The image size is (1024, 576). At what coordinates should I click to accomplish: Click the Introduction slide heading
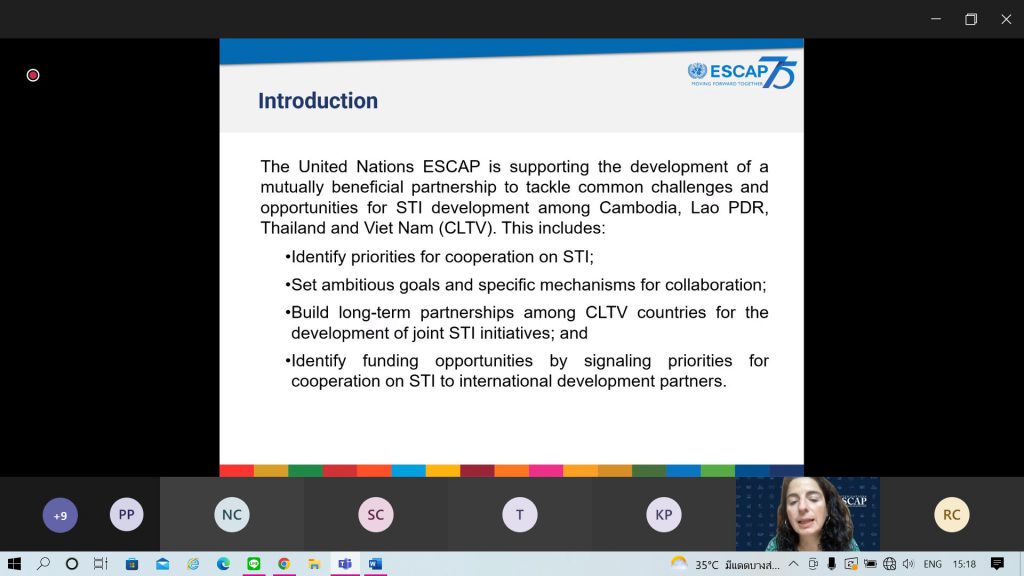(x=318, y=101)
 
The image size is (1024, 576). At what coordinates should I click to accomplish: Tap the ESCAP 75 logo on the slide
(x=742, y=72)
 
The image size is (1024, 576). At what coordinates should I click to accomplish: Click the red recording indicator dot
(x=33, y=75)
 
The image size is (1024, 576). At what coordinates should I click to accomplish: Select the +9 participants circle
(x=60, y=515)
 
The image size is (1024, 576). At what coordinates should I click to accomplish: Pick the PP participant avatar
(x=126, y=515)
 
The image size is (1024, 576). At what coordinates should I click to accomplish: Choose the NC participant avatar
(x=232, y=515)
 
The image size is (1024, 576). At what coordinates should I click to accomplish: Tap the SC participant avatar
(x=376, y=515)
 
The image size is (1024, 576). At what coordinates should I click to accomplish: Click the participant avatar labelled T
(x=520, y=515)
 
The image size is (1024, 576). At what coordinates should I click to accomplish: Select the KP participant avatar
(x=664, y=515)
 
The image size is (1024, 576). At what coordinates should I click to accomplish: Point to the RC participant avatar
(x=952, y=515)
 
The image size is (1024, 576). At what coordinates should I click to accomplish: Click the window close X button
(x=1006, y=19)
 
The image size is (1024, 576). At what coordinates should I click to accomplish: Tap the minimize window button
(x=936, y=19)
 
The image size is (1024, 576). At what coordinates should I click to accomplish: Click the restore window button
(x=971, y=19)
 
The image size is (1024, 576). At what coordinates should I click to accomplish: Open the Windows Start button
(x=14, y=564)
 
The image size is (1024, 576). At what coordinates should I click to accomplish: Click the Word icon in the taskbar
(x=375, y=564)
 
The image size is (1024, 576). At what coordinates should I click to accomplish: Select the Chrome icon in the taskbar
(x=283, y=564)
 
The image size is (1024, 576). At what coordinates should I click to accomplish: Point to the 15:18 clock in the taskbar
(x=964, y=564)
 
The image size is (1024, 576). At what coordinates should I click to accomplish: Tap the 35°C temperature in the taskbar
(x=707, y=564)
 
